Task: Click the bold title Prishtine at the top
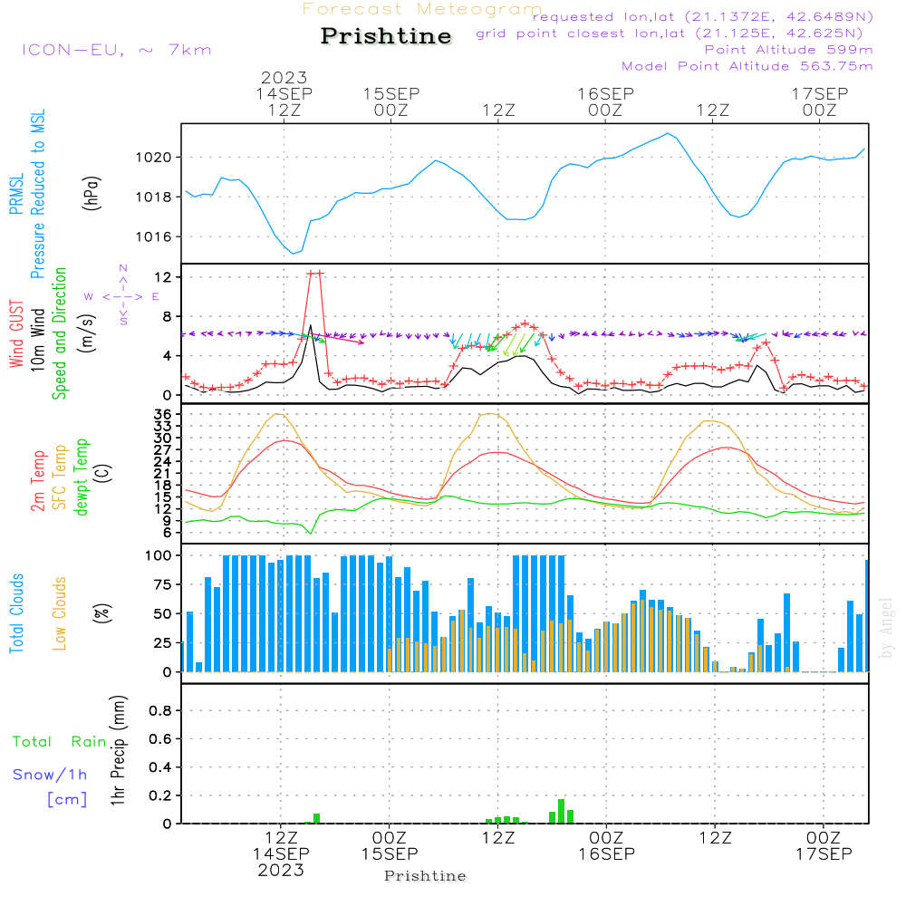point(386,36)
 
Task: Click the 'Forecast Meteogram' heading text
point(422,9)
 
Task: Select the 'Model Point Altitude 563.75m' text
point(747,66)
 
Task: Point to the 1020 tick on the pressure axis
point(152,158)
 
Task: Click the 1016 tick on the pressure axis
point(152,237)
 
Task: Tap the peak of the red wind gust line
point(314,273)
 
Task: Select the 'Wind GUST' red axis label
point(17,334)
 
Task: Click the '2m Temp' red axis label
point(38,479)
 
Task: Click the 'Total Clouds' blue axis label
point(17,613)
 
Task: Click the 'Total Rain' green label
point(59,742)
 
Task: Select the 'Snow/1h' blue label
point(51,775)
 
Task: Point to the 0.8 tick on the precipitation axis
point(160,711)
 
